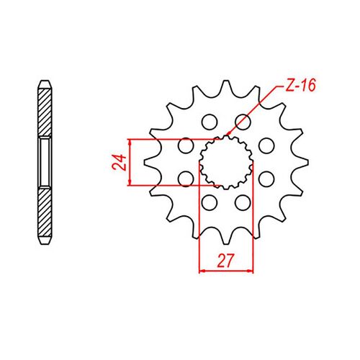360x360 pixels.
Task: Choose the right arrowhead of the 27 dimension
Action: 252,271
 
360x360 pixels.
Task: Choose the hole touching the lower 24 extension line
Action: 186,177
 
